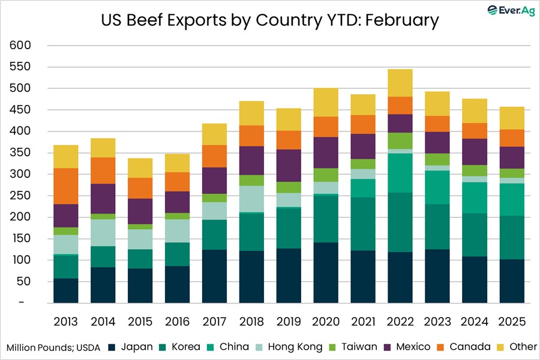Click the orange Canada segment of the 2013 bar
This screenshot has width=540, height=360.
pos(65,186)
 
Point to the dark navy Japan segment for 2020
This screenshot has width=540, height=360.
pos(326,272)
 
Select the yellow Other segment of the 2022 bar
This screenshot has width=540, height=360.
pos(400,83)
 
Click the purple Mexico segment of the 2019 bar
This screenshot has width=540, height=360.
pos(289,165)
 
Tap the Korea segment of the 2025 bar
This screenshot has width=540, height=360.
pos(512,238)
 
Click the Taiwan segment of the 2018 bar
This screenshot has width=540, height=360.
pos(251,181)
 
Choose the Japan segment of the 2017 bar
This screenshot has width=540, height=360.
pos(214,276)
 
